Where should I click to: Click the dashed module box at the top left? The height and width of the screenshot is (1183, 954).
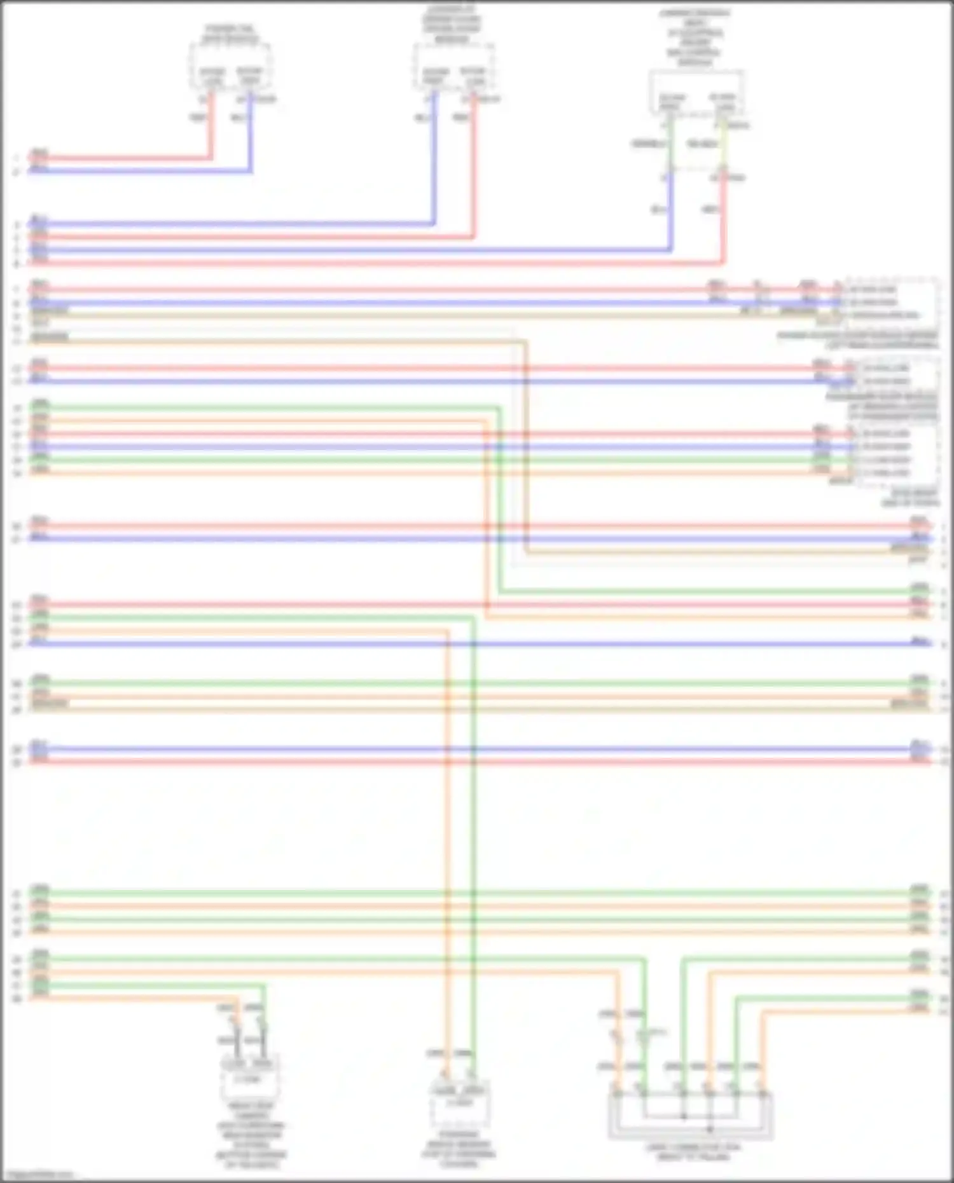tap(230, 68)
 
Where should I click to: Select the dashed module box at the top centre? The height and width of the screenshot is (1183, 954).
tap(453, 68)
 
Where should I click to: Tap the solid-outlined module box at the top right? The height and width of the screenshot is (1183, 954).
tap(696, 93)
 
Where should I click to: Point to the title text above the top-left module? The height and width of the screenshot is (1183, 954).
tap(230, 34)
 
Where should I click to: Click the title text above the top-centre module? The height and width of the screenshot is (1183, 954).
tap(452, 25)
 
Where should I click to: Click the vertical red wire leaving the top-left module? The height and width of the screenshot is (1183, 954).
tap(211, 127)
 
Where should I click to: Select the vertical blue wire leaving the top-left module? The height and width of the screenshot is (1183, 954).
tap(251, 133)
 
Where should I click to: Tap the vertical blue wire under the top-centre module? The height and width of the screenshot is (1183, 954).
tap(434, 159)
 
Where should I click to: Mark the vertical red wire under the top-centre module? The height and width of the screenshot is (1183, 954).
tap(474, 165)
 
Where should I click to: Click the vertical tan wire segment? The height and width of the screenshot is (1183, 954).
tap(525, 445)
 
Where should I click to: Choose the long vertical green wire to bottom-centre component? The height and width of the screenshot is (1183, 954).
tap(473, 826)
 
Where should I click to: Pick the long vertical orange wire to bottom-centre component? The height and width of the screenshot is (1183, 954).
tap(447, 826)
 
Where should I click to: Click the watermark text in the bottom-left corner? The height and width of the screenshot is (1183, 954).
tap(37, 1174)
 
